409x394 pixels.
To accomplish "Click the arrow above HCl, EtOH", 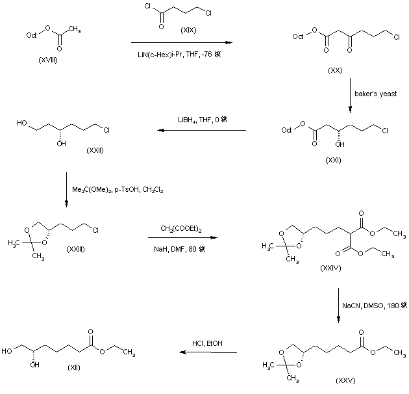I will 208,353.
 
